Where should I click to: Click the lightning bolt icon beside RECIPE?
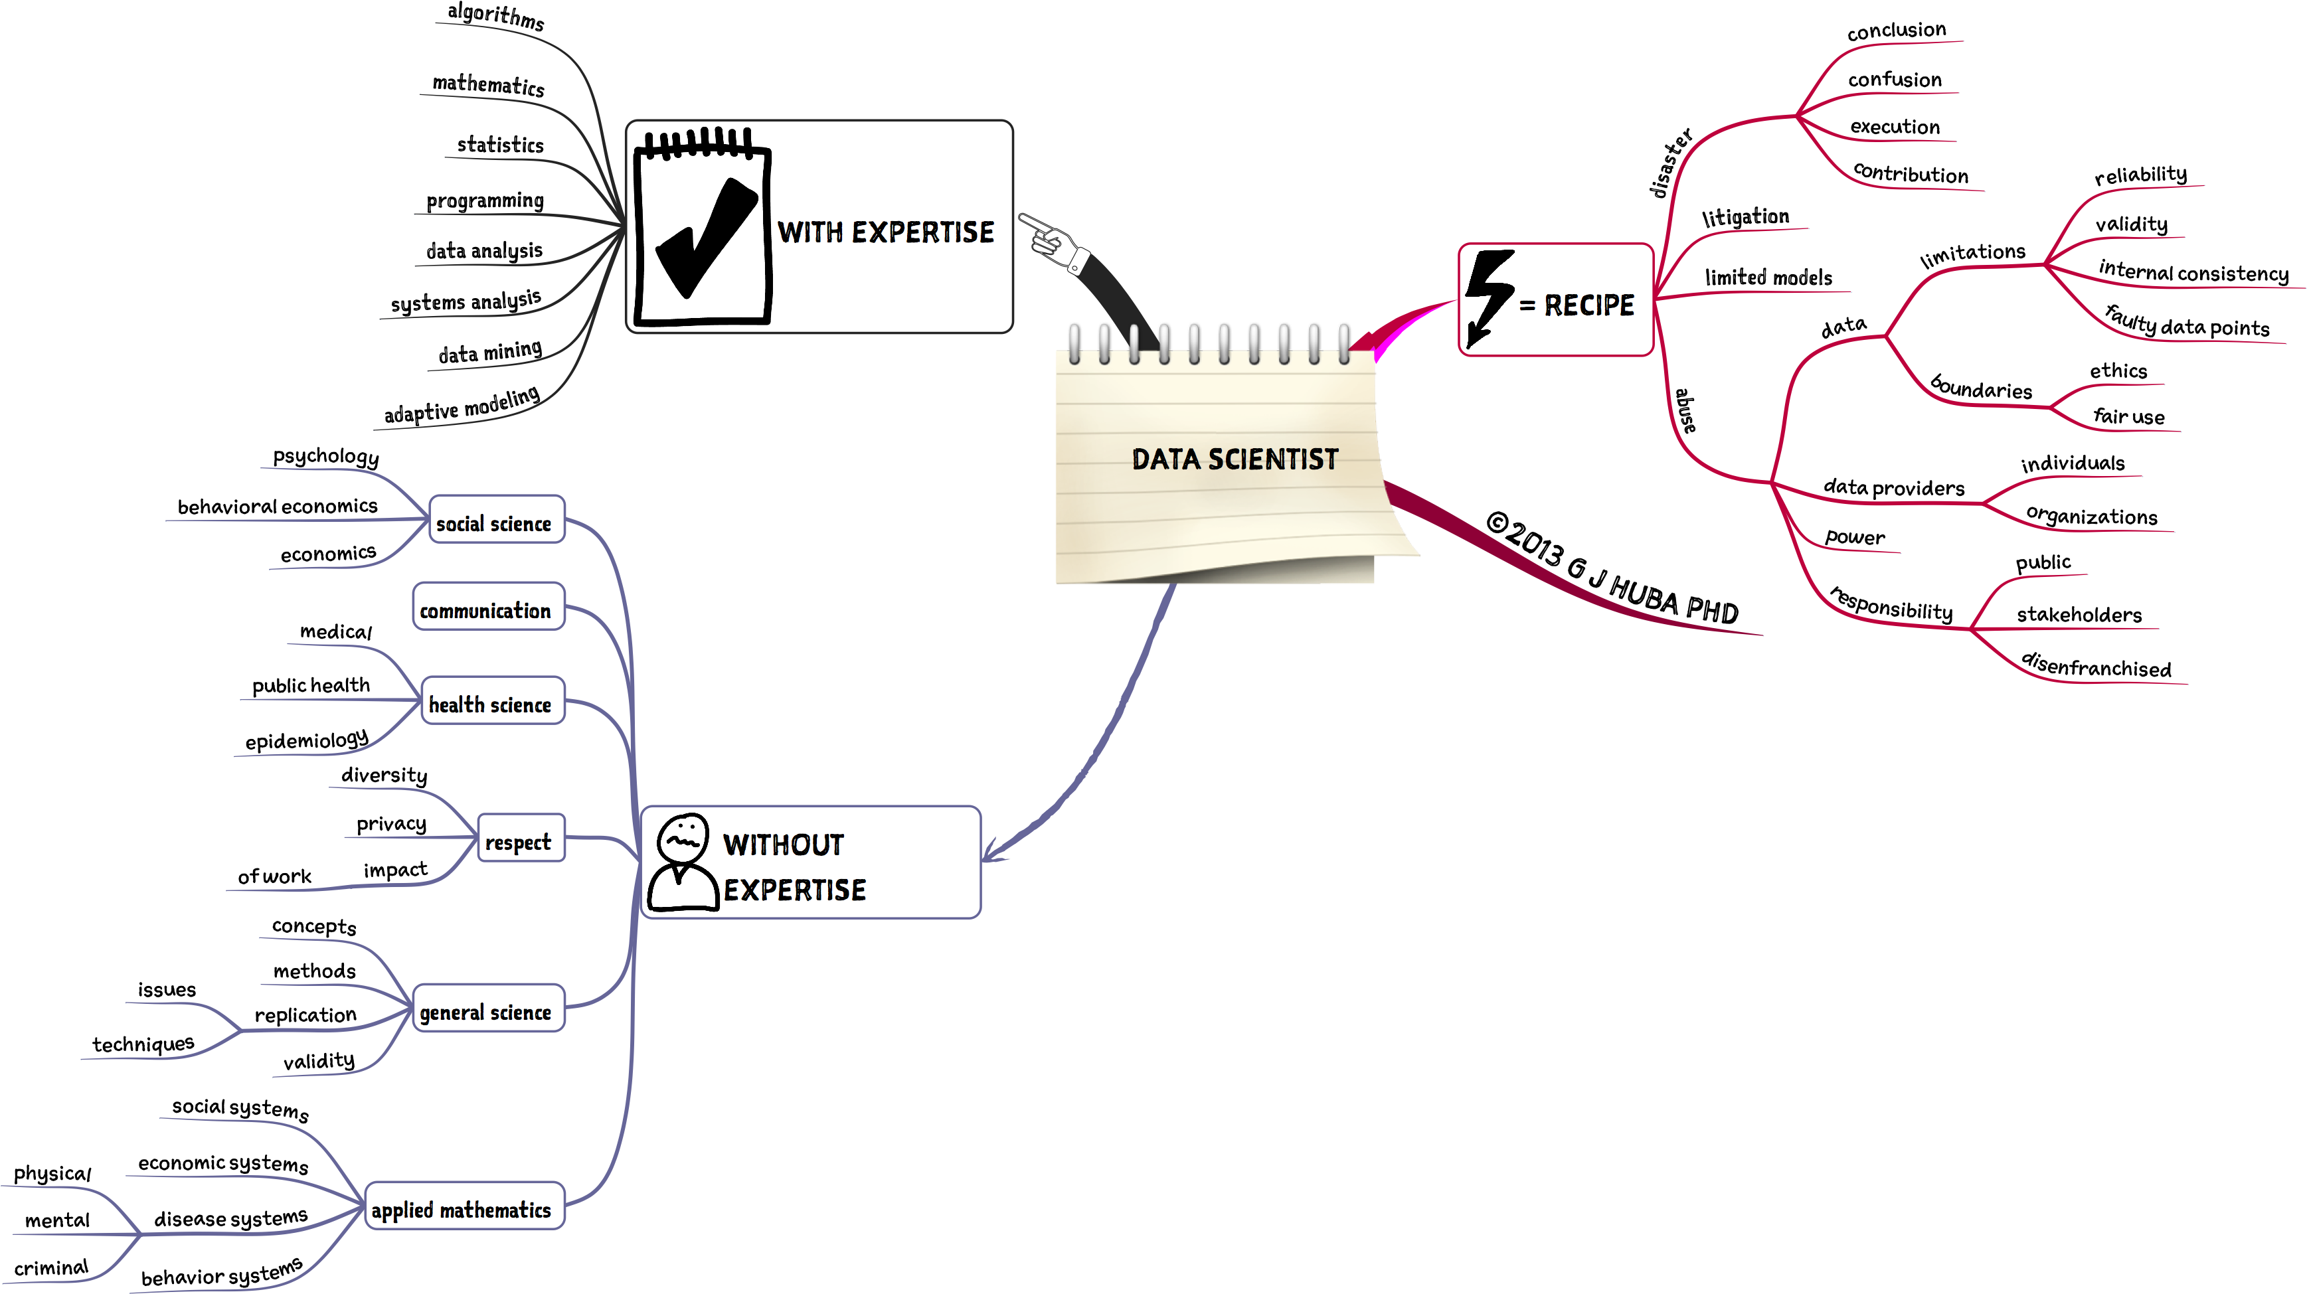pos(1488,296)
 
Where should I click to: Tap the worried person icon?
pos(683,862)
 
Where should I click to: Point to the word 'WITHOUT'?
pos(783,845)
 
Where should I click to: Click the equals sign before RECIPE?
pos(1527,306)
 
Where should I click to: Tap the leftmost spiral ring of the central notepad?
pos(1074,344)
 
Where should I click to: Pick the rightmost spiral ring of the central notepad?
pos(1343,344)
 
